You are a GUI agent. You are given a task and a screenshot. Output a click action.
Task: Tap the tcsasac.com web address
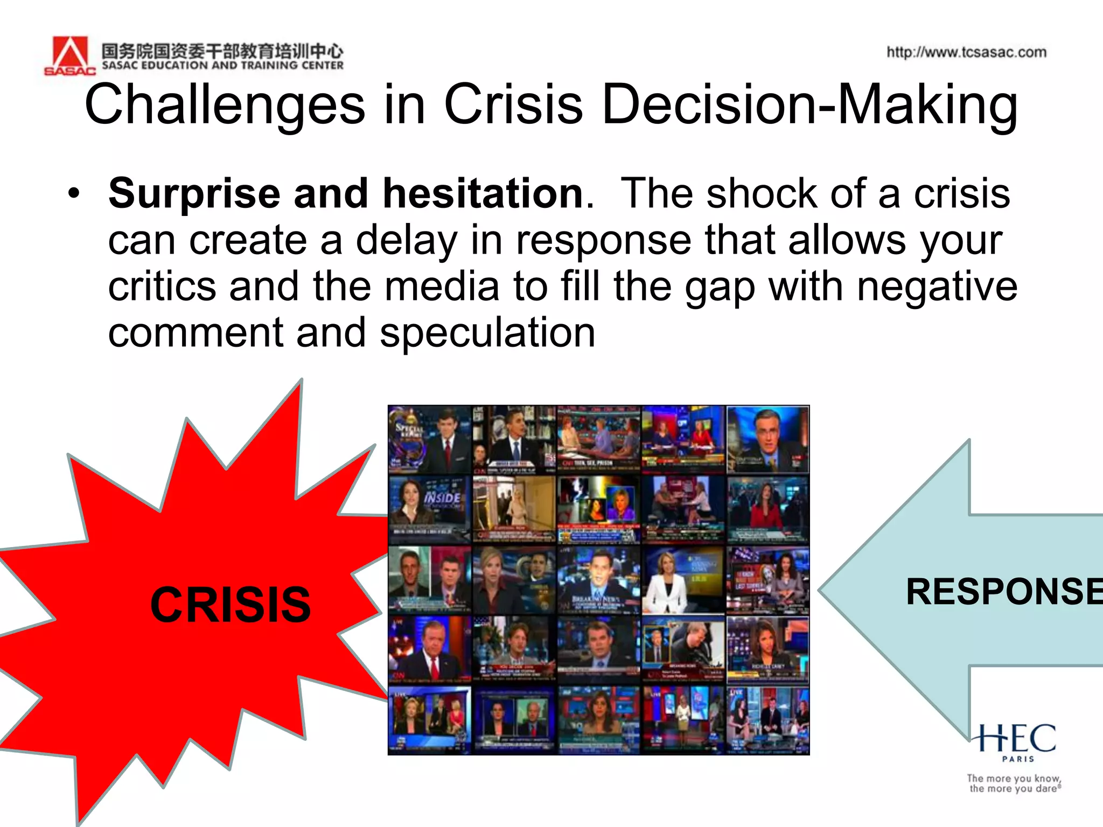click(x=966, y=52)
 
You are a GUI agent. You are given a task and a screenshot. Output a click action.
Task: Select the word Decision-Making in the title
click(x=809, y=105)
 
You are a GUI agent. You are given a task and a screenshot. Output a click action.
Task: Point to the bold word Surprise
click(x=194, y=193)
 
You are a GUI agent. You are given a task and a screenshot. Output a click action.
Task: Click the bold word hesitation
click(x=483, y=193)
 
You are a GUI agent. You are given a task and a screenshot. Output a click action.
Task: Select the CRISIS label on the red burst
click(x=231, y=605)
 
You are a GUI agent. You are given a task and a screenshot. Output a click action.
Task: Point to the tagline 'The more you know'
click(x=1014, y=779)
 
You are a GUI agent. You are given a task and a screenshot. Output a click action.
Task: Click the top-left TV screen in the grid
click(x=429, y=440)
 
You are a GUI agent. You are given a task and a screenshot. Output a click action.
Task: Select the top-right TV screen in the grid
click(x=767, y=440)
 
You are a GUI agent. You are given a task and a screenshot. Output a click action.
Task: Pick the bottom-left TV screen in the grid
click(x=429, y=720)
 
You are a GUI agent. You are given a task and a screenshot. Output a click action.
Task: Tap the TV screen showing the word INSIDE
click(x=429, y=509)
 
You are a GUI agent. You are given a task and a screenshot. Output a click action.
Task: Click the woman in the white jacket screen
click(x=683, y=580)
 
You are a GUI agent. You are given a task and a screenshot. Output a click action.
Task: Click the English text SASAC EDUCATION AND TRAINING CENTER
click(x=222, y=66)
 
